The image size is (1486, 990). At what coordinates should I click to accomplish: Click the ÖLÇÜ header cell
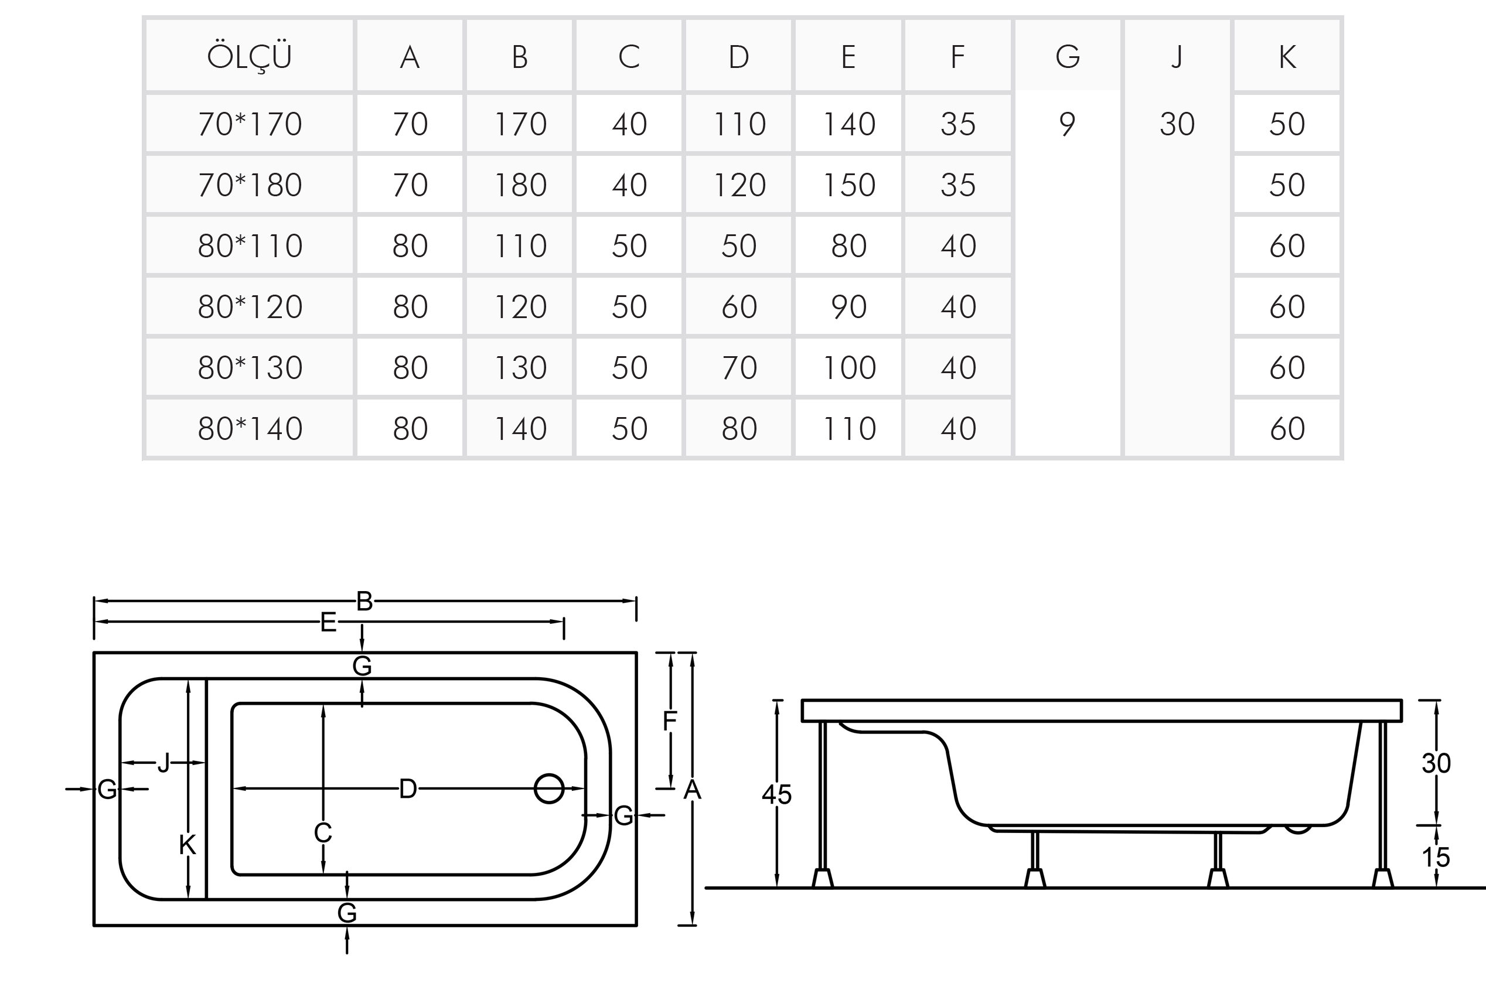pos(250,57)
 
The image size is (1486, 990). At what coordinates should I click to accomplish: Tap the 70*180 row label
pos(250,185)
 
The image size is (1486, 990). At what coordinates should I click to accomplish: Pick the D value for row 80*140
pos(738,429)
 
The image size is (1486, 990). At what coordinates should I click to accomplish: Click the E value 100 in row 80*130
pos(849,367)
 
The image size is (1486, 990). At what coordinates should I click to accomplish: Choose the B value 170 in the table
pos(520,124)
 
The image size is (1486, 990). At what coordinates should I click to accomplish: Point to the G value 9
pos(1066,124)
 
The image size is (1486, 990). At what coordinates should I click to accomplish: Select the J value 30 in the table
pos(1177,124)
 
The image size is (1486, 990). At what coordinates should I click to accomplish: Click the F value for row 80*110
pos(958,245)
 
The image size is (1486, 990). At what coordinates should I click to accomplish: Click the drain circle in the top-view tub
pos(549,788)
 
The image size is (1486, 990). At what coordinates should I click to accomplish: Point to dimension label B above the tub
pos(364,601)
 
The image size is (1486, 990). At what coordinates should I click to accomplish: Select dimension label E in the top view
pos(328,623)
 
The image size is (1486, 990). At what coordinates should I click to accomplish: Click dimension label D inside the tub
pos(408,788)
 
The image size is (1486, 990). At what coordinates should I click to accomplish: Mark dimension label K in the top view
pos(188,845)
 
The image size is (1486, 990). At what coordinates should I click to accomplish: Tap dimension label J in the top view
pos(163,763)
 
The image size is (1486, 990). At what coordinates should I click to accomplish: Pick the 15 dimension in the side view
pos(1436,858)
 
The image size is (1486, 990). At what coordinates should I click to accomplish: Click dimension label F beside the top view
pos(669,721)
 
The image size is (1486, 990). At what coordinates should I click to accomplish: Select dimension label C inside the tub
pos(323,834)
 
